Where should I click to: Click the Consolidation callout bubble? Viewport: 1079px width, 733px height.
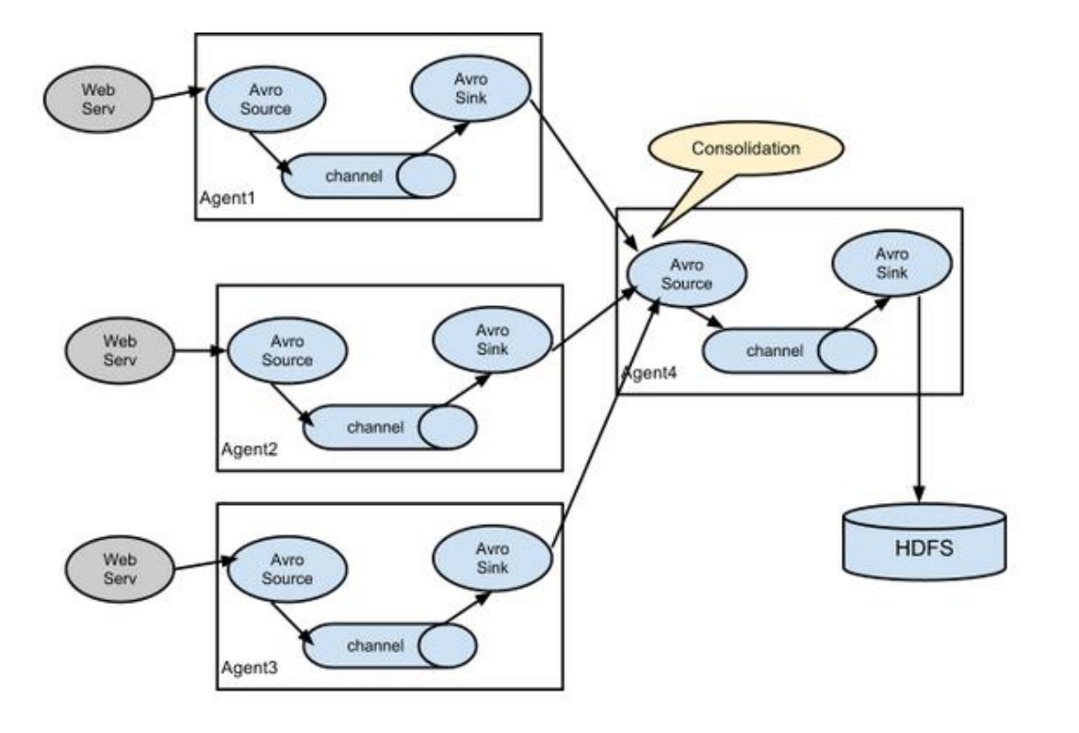click(x=746, y=150)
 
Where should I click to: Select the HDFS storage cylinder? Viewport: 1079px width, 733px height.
click(x=924, y=543)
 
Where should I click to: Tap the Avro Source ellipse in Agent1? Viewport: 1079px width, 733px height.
click(x=266, y=99)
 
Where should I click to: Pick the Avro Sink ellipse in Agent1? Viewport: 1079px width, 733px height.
click(x=470, y=89)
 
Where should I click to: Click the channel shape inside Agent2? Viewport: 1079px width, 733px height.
click(x=389, y=428)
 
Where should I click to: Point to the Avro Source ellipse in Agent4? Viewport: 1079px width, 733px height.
click(x=687, y=274)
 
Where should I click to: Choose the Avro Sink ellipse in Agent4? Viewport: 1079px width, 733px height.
click(x=891, y=264)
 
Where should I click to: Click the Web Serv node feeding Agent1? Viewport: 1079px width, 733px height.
click(x=98, y=99)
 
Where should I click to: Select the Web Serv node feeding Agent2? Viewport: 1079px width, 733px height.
click(x=120, y=350)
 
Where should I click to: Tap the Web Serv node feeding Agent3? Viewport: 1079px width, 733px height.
click(x=120, y=569)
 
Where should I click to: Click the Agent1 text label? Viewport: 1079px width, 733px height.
click(x=227, y=198)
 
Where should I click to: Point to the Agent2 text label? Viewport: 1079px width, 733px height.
click(x=249, y=449)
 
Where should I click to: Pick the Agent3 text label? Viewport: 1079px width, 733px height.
click(x=249, y=668)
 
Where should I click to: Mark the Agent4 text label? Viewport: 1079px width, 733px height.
click(x=649, y=373)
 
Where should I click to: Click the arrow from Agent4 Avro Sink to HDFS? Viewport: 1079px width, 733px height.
click(x=920, y=399)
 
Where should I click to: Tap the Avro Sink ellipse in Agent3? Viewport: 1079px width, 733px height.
click(x=492, y=558)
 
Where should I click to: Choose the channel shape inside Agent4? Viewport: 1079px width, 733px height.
click(x=790, y=351)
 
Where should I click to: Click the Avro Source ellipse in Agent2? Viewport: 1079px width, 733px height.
click(x=287, y=350)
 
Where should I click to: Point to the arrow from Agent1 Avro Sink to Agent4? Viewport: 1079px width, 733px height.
click(x=584, y=176)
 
